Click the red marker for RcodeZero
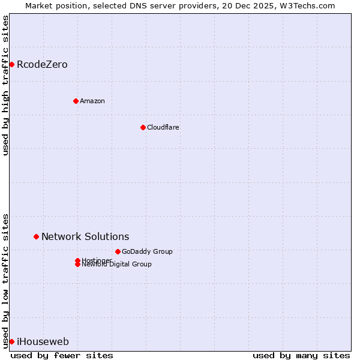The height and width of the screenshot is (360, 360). pyautogui.click(x=11, y=64)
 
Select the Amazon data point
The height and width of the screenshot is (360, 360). pyautogui.click(x=76, y=101)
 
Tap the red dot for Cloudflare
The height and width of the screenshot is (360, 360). pyautogui.click(x=143, y=127)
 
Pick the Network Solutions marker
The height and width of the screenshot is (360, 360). pyautogui.click(x=36, y=236)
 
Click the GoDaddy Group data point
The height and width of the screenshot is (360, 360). pyautogui.click(x=118, y=251)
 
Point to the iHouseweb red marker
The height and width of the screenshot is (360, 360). pyautogui.click(x=11, y=341)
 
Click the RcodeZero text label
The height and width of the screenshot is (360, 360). pyautogui.click(x=42, y=65)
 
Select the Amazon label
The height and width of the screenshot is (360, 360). pyautogui.click(x=92, y=101)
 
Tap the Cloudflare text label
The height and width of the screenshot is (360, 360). pyautogui.click(x=163, y=127)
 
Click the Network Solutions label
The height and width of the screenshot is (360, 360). pyautogui.click(x=85, y=237)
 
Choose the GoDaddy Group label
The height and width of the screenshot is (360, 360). pyautogui.click(x=147, y=251)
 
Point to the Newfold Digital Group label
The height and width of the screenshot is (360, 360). pyautogui.click(x=117, y=265)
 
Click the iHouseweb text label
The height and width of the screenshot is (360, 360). pyautogui.click(x=43, y=342)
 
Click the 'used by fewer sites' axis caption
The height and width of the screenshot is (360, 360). pyautogui.click(x=62, y=355)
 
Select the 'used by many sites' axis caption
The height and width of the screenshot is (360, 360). pyautogui.click(x=301, y=355)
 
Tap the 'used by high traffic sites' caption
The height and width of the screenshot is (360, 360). pyautogui.click(x=5, y=85)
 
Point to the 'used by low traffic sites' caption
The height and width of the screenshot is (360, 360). pyautogui.click(x=5, y=280)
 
